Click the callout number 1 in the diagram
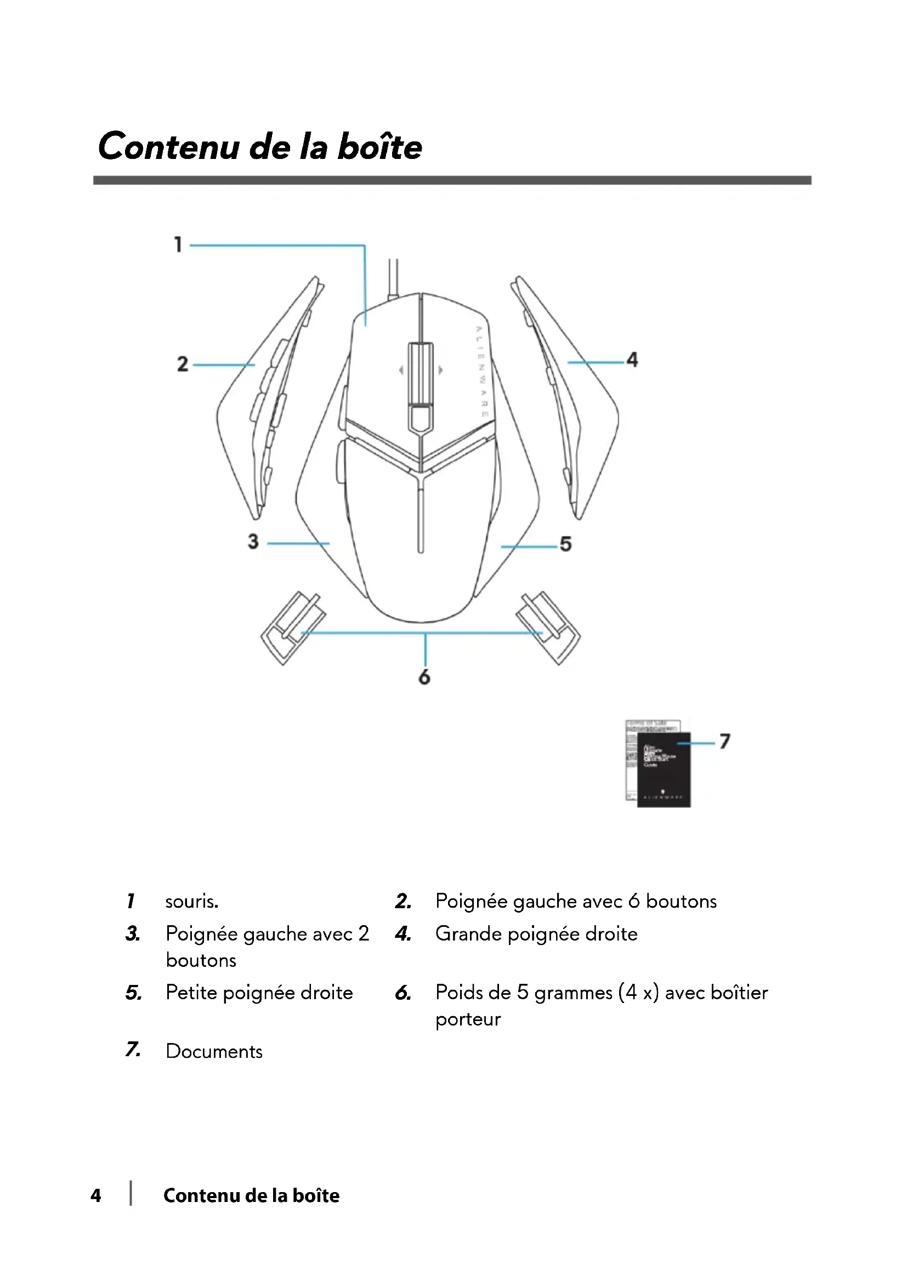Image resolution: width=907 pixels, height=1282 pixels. coord(178,244)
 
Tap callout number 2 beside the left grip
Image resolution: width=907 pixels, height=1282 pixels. coord(183,364)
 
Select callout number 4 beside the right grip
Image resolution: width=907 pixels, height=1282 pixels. coord(632,360)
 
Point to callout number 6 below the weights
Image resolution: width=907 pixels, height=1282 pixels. coord(424,677)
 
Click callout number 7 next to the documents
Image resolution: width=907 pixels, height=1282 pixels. coord(724,741)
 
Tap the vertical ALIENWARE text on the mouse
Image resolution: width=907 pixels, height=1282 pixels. coord(481,371)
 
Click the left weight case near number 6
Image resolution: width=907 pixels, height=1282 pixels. coord(293,628)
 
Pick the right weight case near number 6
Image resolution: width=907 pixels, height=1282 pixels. coord(548,628)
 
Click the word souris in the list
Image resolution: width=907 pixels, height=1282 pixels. coord(191,901)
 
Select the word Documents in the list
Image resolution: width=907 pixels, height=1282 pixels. coord(214,1051)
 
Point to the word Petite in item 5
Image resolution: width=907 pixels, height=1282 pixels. coord(191,992)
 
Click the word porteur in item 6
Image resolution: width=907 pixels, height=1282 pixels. coord(468,1019)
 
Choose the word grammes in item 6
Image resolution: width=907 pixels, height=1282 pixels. coord(573,993)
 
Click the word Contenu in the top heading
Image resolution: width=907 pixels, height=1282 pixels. coord(168,146)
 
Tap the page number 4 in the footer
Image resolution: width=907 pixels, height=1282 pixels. coord(96,1195)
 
